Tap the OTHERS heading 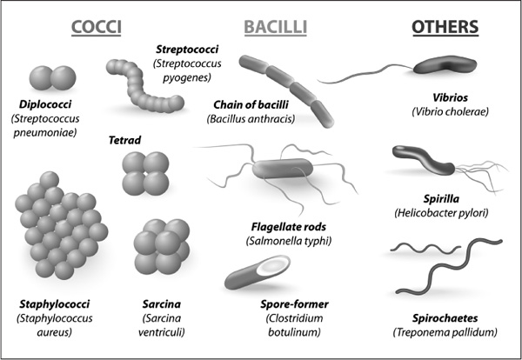click(x=445, y=28)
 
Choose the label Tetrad click(x=124, y=140)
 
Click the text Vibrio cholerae click(x=451, y=112)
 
